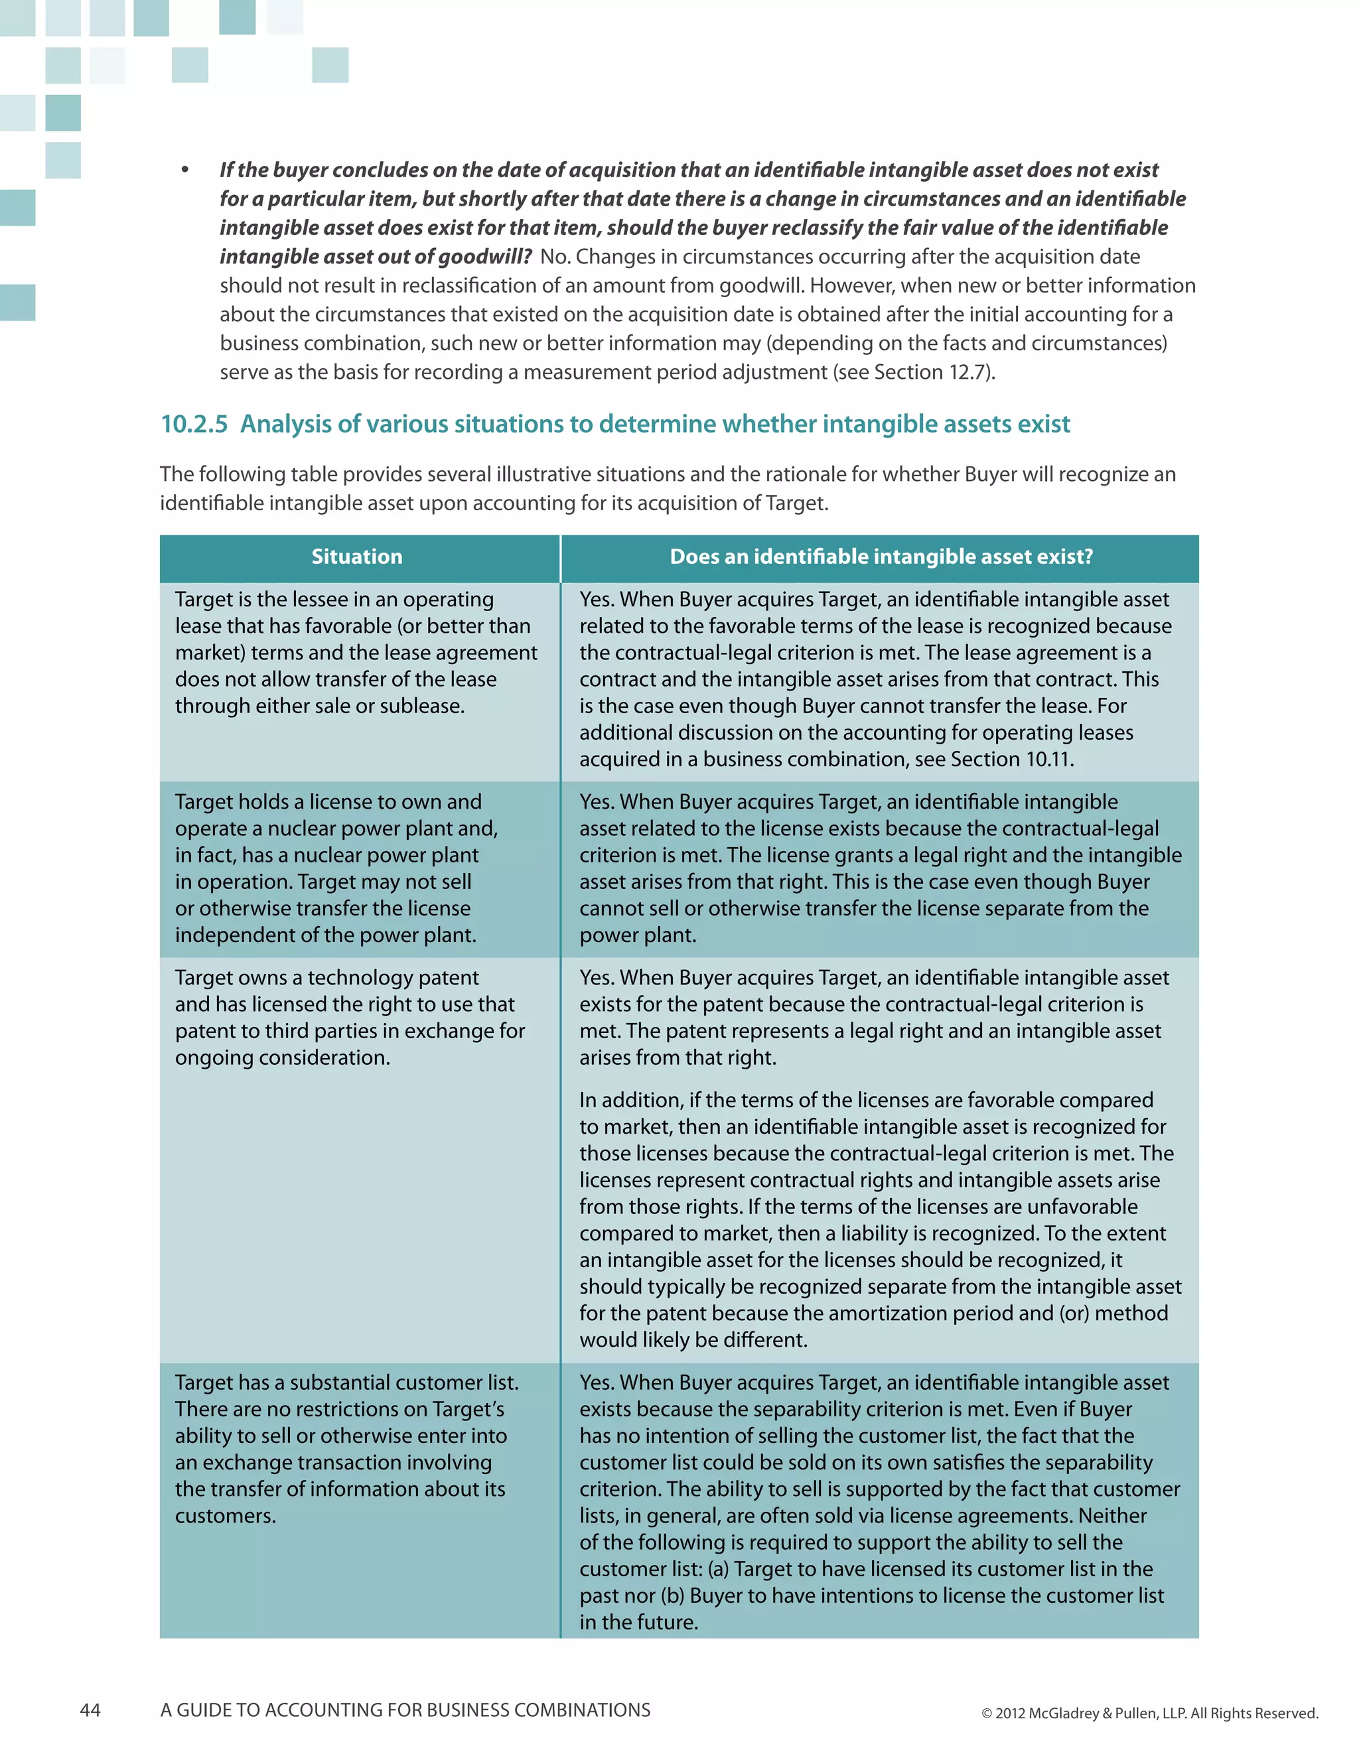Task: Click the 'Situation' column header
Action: click(x=356, y=557)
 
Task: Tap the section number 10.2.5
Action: click(x=194, y=424)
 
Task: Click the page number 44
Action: click(x=90, y=1710)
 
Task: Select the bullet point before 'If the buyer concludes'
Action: click(x=185, y=170)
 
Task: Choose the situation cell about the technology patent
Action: click(x=350, y=1018)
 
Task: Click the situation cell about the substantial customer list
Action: click(x=346, y=1449)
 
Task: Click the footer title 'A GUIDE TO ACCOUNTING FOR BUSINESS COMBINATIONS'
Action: click(x=405, y=1710)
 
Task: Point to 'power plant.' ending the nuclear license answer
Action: click(x=638, y=935)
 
